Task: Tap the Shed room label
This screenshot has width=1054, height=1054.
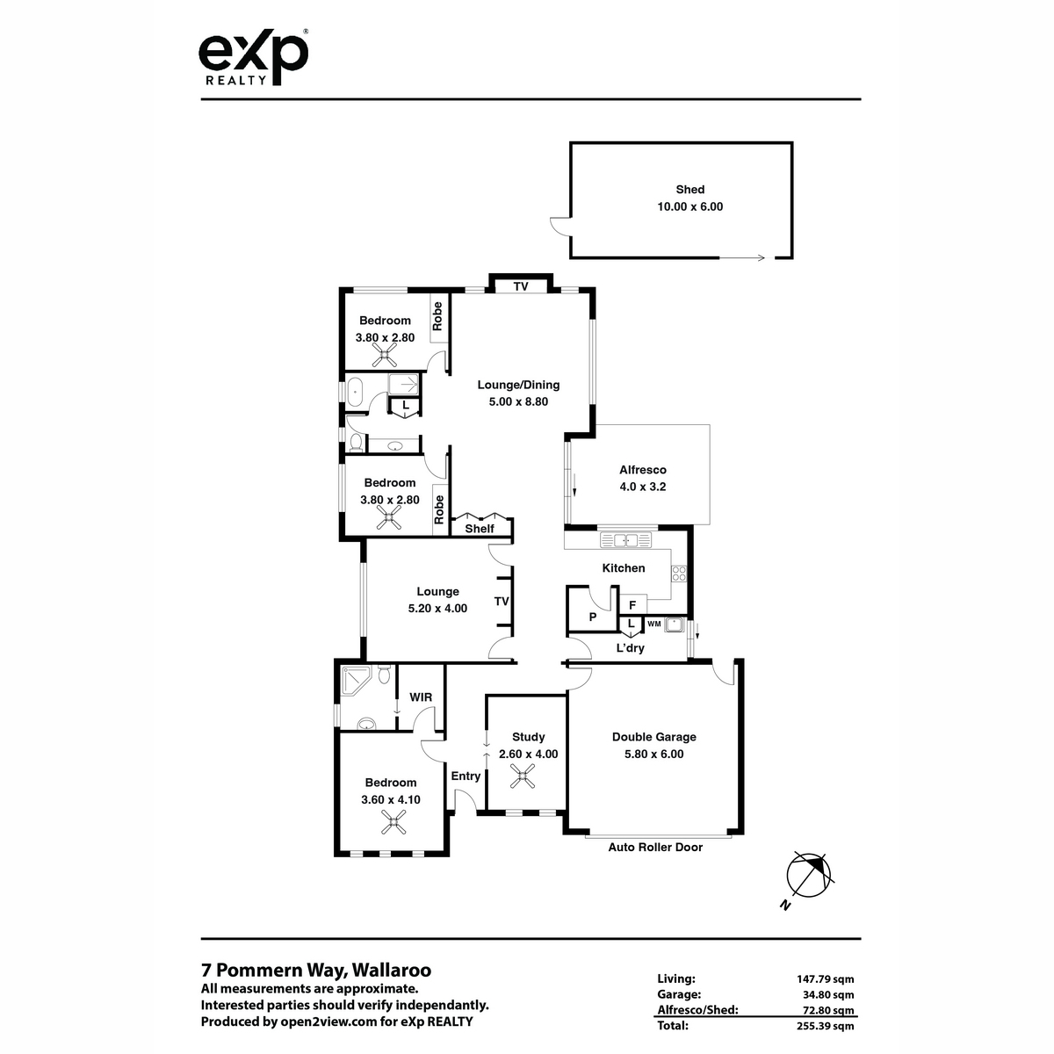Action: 689,189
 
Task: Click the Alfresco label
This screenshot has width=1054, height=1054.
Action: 643,469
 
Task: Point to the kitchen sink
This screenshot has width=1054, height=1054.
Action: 625,540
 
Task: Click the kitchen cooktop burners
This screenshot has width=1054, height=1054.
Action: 679,574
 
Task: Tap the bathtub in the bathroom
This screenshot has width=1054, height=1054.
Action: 356,392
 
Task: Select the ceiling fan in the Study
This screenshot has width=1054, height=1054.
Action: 523,776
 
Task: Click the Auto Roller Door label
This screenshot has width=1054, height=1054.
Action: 655,848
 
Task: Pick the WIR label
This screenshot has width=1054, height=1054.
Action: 421,697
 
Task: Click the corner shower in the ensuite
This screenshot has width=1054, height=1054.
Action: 355,681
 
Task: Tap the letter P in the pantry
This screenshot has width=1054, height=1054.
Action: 592,617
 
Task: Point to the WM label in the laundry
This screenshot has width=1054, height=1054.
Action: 654,624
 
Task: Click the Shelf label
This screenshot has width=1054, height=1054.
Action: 480,529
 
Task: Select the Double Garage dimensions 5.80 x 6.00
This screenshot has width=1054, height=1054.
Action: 653,754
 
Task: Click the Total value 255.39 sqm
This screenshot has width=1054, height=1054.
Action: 825,1024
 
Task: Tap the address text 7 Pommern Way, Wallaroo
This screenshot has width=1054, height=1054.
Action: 316,970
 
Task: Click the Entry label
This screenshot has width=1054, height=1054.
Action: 466,776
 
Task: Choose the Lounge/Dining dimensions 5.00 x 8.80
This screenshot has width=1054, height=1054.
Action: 518,401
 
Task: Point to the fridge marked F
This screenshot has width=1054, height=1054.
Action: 632,605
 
